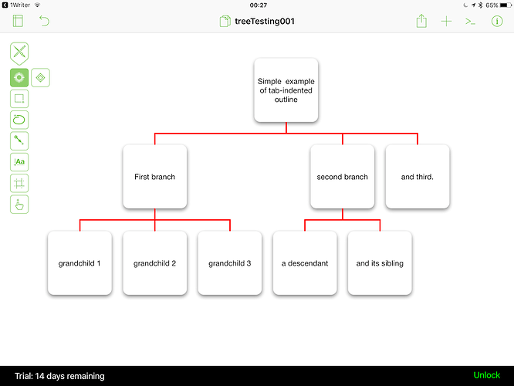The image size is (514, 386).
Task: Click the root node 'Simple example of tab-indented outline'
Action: pos(286,90)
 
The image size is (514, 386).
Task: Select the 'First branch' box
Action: pos(154,177)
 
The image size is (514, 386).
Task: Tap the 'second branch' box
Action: pos(342,177)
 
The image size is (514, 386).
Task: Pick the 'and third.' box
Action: pos(418,177)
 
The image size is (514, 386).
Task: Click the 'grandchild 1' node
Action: pos(79,263)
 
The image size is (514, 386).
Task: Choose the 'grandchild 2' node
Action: pos(154,263)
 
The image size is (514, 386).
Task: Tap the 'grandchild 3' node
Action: pos(230,263)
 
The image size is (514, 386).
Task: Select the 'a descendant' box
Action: pos(305,263)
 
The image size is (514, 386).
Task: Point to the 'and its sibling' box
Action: pos(380,263)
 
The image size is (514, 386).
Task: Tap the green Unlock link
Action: pos(487,375)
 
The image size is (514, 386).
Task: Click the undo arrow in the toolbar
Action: pos(44,21)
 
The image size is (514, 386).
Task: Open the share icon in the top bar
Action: pos(421,21)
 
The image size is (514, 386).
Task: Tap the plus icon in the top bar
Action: pos(446,22)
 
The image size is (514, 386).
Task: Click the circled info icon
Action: pos(497,22)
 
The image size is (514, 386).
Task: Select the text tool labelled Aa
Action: pos(19,162)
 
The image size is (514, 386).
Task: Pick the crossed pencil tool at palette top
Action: pos(19,53)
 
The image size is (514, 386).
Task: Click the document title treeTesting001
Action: pos(265,22)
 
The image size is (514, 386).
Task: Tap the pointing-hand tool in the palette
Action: pos(19,205)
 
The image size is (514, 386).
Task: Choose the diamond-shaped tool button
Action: pos(40,78)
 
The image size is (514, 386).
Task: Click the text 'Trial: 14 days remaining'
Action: pos(59,376)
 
